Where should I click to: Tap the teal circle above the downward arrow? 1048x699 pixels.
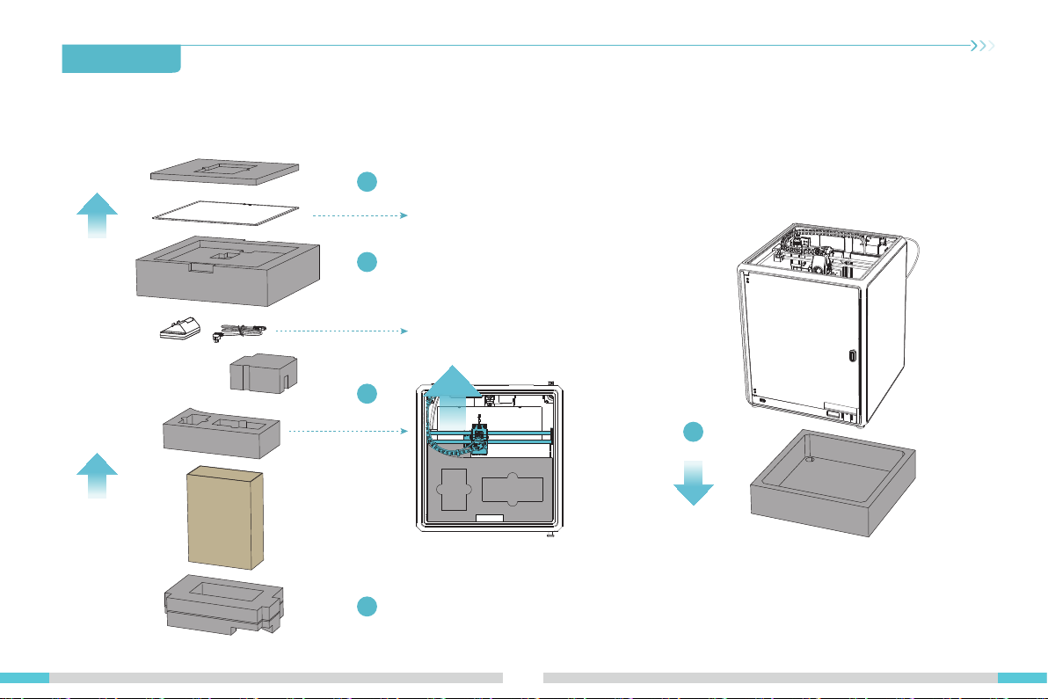pos(694,432)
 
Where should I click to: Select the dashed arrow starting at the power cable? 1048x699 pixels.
pos(338,331)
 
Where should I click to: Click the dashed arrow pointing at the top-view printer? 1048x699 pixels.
pos(347,432)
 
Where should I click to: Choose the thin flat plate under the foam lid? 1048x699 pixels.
pos(227,212)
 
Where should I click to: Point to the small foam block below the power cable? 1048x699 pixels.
pos(261,372)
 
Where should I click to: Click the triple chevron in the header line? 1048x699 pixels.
pos(982,46)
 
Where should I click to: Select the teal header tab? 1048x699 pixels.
pos(121,59)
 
